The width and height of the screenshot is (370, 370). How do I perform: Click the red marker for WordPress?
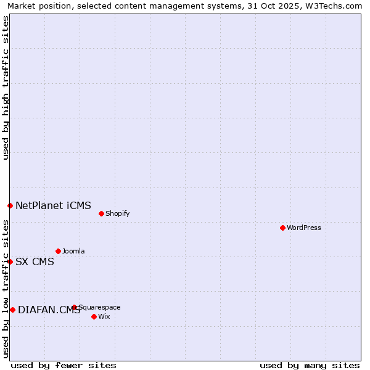[x=282, y=228]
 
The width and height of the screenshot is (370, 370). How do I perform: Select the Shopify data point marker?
[x=101, y=213]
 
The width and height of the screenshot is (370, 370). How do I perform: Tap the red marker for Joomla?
[x=58, y=251]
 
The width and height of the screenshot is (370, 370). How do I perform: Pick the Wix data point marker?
[x=94, y=316]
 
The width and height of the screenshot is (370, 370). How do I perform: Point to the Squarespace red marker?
[x=74, y=307]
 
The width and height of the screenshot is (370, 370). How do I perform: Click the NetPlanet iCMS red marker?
[x=10, y=205]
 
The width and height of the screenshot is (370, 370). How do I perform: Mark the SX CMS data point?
[x=10, y=261]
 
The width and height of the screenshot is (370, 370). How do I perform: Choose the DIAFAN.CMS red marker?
[x=12, y=310]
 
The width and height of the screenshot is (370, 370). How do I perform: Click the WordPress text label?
[x=304, y=228]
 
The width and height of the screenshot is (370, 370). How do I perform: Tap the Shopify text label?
[x=117, y=213]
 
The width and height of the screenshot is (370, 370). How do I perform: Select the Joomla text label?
[x=73, y=251]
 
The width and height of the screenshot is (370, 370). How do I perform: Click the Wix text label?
[x=104, y=316]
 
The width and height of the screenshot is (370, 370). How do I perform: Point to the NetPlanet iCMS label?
[x=53, y=205]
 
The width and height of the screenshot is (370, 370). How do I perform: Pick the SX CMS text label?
[x=35, y=261]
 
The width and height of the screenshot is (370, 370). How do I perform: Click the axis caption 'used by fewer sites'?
[x=64, y=365]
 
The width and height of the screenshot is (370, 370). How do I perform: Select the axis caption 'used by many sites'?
[x=310, y=365]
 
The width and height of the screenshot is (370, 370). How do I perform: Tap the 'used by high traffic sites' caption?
[x=6, y=88]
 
